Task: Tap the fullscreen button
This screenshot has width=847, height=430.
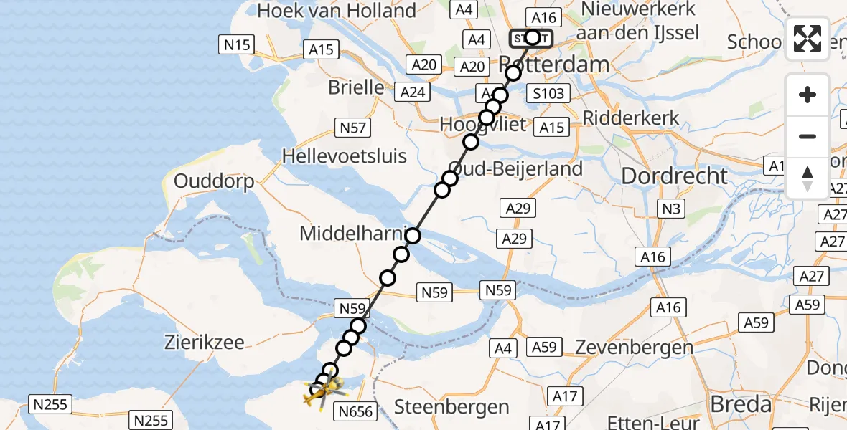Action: click(808, 39)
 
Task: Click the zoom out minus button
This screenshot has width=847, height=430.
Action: click(808, 136)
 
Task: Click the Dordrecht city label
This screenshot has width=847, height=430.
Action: click(674, 176)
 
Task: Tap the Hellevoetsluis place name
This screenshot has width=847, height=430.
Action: click(345, 156)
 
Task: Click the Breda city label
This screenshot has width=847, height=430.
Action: click(741, 404)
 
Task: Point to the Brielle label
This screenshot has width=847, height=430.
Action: click(356, 87)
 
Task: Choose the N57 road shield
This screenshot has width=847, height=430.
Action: click(352, 128)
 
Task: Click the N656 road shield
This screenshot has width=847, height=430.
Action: click(356, 411)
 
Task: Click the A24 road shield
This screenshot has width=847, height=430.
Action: click(413, 92)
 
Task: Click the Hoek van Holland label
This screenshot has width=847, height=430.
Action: click(337, 11)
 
